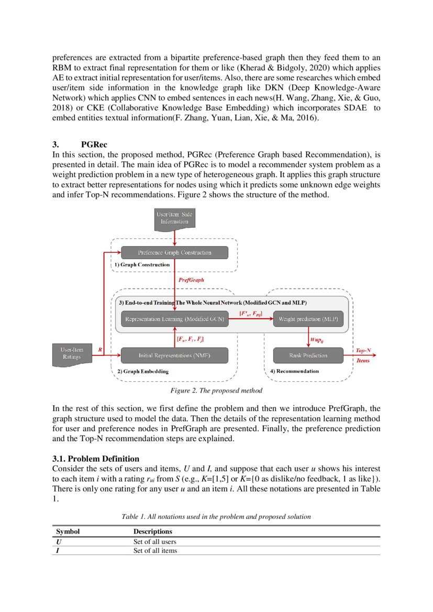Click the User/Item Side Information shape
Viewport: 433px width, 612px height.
pos(174,218)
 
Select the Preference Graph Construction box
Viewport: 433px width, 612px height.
pos(174,252)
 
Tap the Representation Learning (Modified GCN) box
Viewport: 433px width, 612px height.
pos(174,319)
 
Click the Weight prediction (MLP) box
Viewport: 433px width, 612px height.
pos(308,319)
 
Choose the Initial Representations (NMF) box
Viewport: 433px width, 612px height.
pos(174,355)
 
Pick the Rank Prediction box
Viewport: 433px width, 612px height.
pos(308,355)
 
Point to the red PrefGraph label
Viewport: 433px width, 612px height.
pos(191,280)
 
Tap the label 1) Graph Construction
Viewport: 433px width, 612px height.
pos(142,265)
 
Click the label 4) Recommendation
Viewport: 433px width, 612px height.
pos(294,371)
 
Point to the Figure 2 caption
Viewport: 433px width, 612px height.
pos(216,391)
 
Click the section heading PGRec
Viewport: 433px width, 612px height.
pos(94,144)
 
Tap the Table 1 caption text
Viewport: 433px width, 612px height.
pos(216,516)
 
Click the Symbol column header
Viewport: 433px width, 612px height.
pos(68,531)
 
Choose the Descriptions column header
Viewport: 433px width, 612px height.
pos(153,531)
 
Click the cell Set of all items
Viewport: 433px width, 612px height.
pos(155,550)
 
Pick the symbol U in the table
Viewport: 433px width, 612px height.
pos(59,541)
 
